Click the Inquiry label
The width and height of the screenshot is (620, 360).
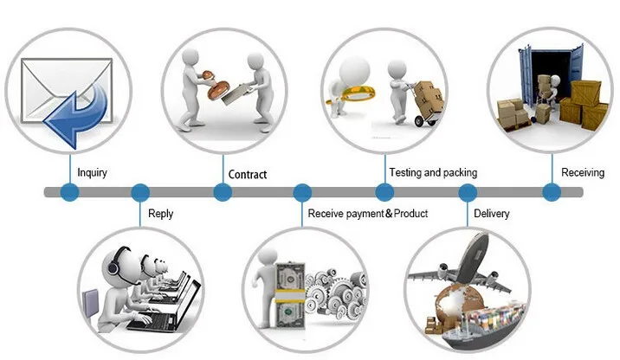93,172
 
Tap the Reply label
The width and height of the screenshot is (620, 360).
161,214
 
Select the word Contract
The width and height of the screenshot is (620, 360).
247,174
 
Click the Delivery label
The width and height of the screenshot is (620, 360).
492,214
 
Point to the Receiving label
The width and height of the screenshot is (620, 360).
583,172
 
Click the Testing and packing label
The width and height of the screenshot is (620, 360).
433,172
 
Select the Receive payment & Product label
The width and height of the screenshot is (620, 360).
368,214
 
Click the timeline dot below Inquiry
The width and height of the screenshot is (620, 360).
69,192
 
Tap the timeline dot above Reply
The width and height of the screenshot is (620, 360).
139,192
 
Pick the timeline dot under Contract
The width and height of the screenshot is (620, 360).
223,192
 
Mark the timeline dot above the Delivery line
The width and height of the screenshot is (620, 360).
468,192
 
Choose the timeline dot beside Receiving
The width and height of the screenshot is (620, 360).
550,192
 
